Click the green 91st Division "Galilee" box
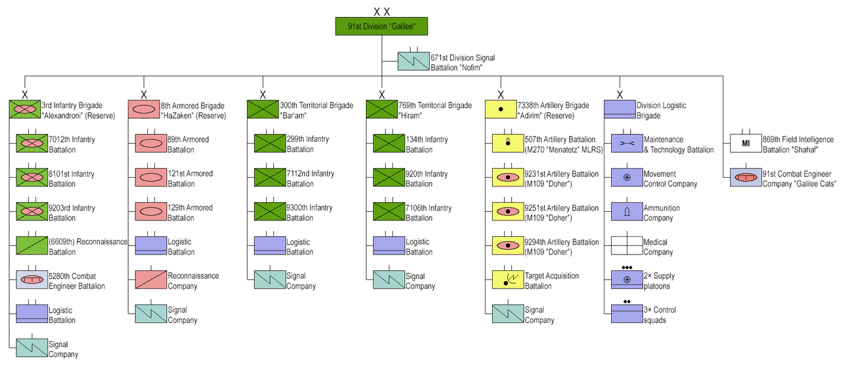(x=381, y=26)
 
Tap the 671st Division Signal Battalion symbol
(x=413, y=62)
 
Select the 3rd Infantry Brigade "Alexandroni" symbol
(x=25, y=110)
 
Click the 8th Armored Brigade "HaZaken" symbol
(x=143, y=110)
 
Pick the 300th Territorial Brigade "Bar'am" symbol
(x=263, y=110)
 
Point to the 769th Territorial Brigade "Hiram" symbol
(x=381, y=110)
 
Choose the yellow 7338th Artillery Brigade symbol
(x=501, y=110)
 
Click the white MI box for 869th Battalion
(x=746, y=144)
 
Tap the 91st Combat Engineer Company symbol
(x=746, y=178)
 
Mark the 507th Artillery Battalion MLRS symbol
(x=508, y=144)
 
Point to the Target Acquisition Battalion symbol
(x=508, y=280)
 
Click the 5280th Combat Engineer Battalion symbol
(x=32, y=280)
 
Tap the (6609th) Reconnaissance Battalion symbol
(x=32, y=246)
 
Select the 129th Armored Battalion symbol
(x=151, y=212)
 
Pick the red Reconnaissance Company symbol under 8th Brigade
(x=151, y=280)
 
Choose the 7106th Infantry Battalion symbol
(x=389, y=212)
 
